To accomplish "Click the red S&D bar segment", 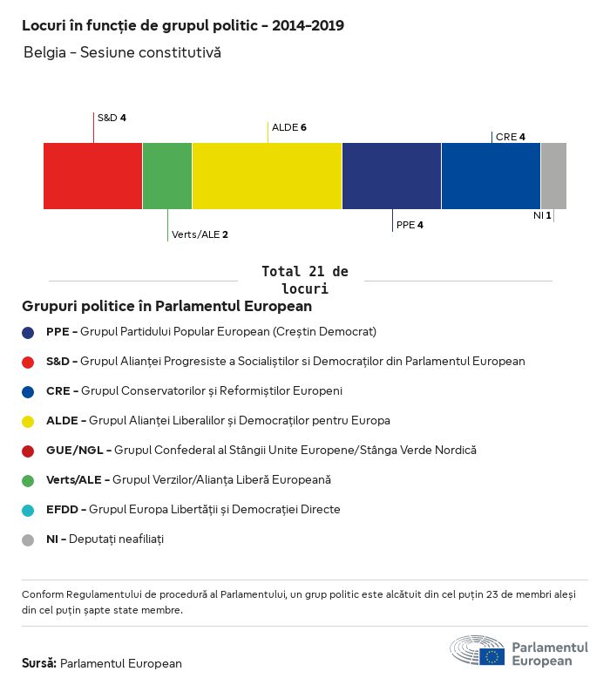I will [92, 176].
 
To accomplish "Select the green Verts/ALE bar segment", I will [167, 176].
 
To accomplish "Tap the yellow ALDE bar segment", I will [267, 176].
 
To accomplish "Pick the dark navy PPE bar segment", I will [391, 176].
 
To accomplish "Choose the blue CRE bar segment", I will [491, 176].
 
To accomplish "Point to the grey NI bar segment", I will [553, 176].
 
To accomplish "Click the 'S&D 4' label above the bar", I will [112, 117].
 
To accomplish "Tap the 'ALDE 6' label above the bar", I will [289, 127].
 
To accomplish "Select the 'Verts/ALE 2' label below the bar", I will [200, 234].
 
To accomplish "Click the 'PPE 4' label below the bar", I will [410, 225].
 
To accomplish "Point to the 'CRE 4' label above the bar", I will [511, 137].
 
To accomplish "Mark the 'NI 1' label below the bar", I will [542, 214].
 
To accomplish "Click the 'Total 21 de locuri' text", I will [304, 280].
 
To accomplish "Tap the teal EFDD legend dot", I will [29, 510].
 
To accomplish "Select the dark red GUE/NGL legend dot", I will [29, 451].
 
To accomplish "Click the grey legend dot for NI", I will [29, 539].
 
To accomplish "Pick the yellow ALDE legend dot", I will [29, 421].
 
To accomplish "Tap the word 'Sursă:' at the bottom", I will [39, 663].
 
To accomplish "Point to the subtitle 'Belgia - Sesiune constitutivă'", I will [122, 53].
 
